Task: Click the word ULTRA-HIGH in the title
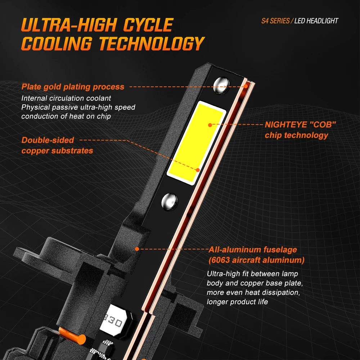[69, 25]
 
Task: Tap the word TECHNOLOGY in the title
[152, 44]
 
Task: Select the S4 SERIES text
[275, 21]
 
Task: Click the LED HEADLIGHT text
[316, 21]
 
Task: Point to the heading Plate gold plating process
[73, 87]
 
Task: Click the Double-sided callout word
[48, 140]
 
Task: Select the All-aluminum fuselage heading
[253, 249]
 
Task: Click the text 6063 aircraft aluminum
[257, 260]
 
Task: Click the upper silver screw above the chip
[221, 85]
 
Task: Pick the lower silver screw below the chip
[169, 202]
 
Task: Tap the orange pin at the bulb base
[72, 336]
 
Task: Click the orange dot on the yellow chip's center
[210, 125]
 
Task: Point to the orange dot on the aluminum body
[137, 249]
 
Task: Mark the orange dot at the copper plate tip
[246, 86]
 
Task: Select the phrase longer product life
[237, 302]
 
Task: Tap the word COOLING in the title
[57, 44]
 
